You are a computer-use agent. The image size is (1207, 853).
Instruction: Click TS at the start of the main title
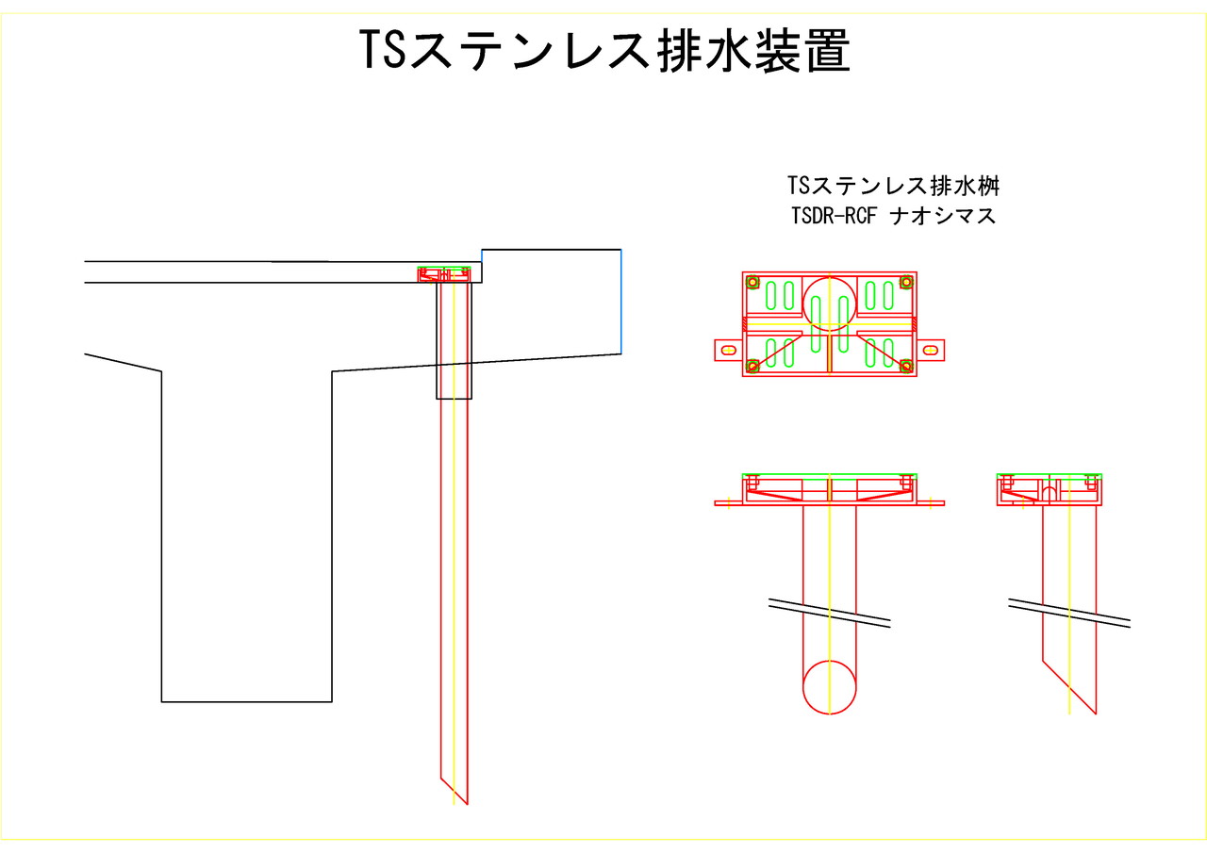(381, 52)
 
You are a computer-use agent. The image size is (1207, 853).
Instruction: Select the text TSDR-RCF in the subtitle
(833, 216)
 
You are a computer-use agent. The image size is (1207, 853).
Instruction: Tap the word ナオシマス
(944, 216)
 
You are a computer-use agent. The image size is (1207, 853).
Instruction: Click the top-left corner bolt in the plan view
(752, 282)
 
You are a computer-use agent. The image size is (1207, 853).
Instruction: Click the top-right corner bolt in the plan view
(907, 282)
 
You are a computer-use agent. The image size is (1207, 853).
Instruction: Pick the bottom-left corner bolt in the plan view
(752, 366)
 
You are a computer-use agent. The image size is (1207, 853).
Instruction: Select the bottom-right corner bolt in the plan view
(907, 366)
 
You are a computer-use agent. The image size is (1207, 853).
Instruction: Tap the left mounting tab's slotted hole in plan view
(728, 350)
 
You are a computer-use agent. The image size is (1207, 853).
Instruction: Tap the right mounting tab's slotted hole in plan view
(931, 350)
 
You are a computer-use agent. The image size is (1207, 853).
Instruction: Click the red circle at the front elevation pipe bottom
(830, 687)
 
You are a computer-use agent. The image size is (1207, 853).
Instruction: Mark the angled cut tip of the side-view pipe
(1094, 711)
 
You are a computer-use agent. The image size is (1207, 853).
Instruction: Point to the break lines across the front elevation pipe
(829, 612)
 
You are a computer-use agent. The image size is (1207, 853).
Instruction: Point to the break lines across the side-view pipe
(1069, 612)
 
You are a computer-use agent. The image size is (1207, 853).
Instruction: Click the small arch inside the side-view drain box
(1049, 493)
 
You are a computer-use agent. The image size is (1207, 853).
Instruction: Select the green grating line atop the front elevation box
(829, 475)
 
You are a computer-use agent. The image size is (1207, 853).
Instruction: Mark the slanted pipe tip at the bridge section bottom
(465, 801)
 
